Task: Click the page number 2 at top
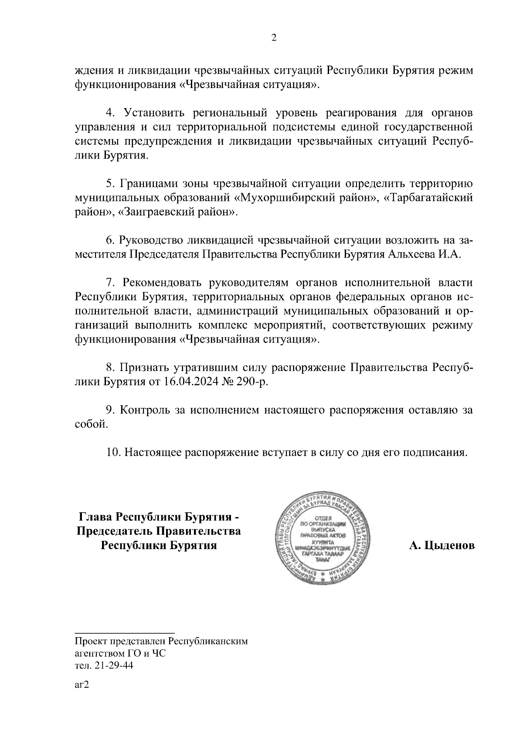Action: pos(274,38)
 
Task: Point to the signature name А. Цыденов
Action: pos(441,545)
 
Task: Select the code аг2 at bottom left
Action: pos(82,684)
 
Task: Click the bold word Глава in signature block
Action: pos(95,517)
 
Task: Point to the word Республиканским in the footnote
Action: pos(208,642)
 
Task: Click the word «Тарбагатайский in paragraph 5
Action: pos(430,198)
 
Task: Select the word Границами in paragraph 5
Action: pos(149,183)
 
